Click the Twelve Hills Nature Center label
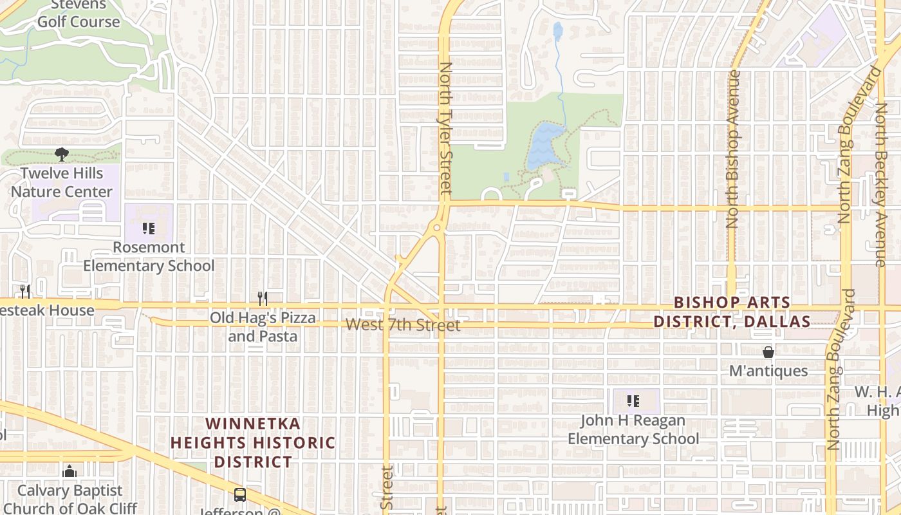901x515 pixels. [62, 182]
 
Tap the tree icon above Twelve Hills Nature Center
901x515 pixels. [62, 154]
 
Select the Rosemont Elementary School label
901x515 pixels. [149, 256]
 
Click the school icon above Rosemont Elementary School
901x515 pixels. [149, 229]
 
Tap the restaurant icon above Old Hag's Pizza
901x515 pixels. [262, 298]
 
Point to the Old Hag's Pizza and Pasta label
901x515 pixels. [263, 327]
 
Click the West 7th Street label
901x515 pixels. [403, 325]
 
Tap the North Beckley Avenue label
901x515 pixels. [881, 183]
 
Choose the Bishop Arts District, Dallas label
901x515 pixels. [732, 312]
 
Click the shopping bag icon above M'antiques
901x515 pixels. [768, 352]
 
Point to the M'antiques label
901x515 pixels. [768, 371]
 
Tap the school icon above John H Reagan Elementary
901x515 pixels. [633, 402]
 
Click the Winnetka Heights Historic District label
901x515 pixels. [253, 443]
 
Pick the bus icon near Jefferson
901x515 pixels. [239, 495]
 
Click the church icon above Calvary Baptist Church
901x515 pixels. [70, 472]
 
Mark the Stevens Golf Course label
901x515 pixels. [79, 14]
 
